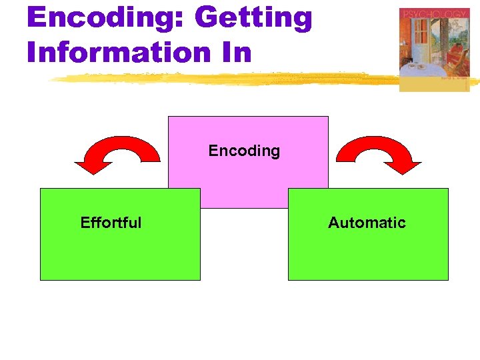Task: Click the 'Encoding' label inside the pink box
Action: point(244,151)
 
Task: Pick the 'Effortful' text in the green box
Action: point(111,223)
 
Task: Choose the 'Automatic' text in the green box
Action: point(367,223)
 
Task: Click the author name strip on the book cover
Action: point(455,78)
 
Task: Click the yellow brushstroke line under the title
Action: point(220,79)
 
